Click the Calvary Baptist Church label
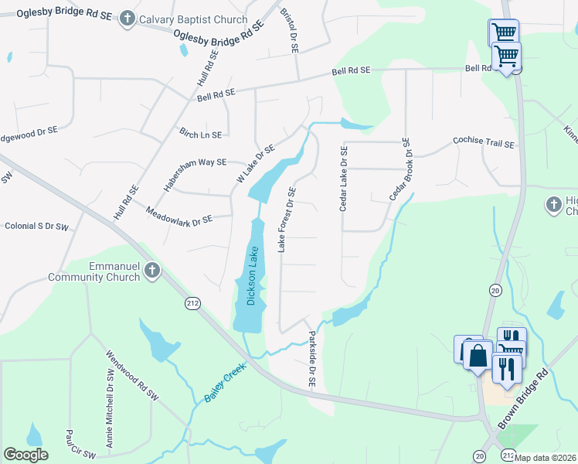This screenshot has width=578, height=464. tap(193, 20)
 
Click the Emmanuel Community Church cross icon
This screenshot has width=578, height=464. tap(152, 271)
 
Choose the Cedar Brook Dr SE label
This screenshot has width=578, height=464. tap(399, 169)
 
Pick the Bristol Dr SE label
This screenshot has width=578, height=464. tap(289, 31)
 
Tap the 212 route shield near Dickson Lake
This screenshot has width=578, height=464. tap(192, 304)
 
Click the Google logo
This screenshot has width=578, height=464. tap(26, 454)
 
